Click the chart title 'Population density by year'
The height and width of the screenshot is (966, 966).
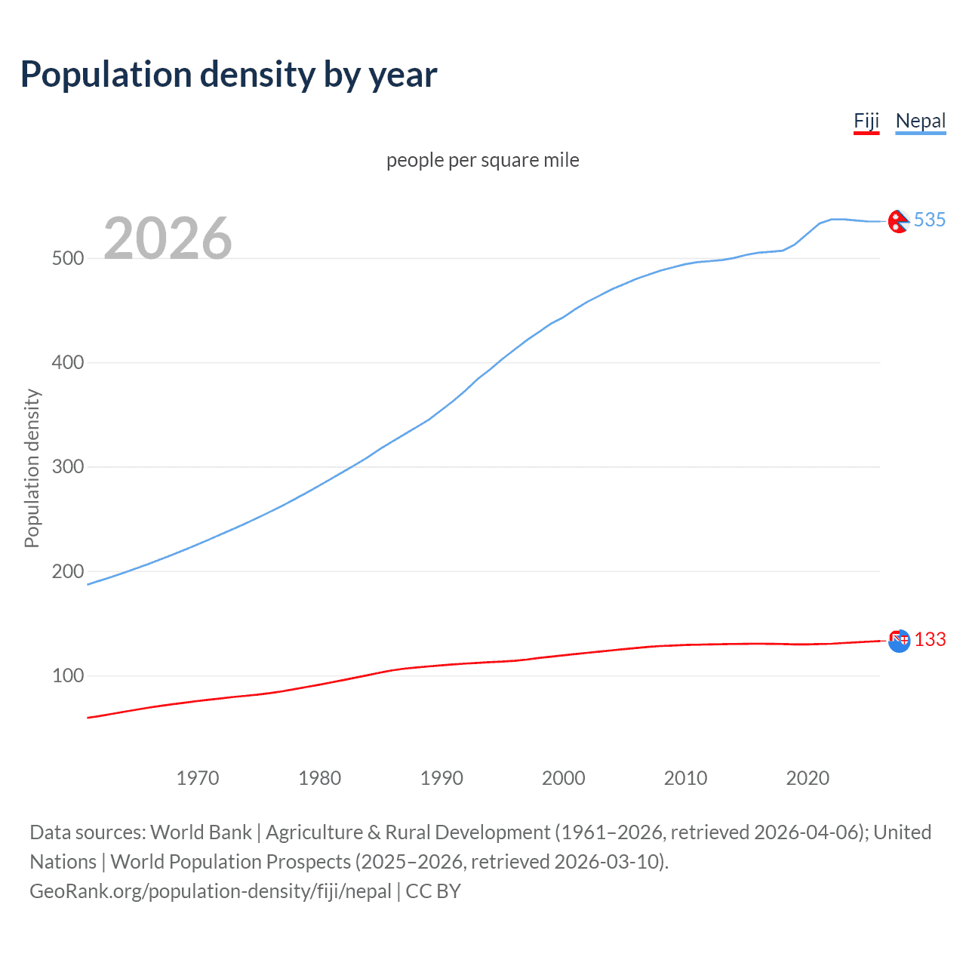[x=229, y=75]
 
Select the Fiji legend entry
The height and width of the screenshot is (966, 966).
[x=866, y=122]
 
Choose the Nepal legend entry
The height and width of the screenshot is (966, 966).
[x=920, y=122]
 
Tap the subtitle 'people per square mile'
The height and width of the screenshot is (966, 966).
[x=483, y=160]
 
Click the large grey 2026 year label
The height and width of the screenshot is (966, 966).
[x=168, y=238]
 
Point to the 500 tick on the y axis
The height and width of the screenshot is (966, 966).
[x=67, y=258]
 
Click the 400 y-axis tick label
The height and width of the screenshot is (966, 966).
[x=67, y=362]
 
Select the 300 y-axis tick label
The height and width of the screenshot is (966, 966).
[x=67, y=466]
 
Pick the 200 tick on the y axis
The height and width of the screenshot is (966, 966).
[x=67, y=571]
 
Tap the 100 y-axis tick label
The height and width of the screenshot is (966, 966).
[x=67, y=675]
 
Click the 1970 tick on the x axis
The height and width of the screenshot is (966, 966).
[x=198, y=778]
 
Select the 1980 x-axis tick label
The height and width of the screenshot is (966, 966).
[x=320, y=778]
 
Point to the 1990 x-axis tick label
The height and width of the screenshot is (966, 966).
[x=441, y=778]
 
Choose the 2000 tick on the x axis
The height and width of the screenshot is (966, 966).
[x=564, y=778]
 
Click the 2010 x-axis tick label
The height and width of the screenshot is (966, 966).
[x=685, y=778]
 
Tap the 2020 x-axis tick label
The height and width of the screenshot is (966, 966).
[x=808, y=778]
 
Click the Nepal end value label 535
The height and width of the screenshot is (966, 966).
[x=929, y=220]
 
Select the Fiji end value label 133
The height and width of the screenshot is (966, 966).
[x=930, y=640]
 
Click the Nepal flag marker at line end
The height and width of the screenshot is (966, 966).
[x=898, y=221]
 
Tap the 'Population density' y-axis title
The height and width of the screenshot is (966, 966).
[x=32, y=468]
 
